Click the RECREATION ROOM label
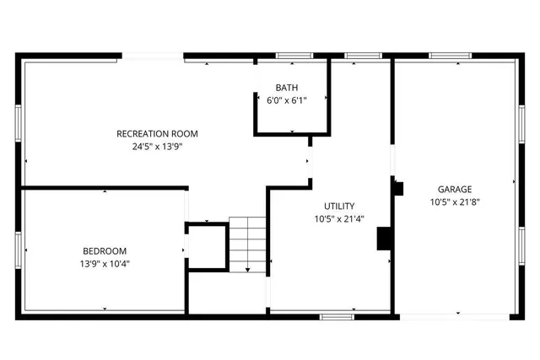158,133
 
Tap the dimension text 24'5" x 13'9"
158,146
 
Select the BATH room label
287,88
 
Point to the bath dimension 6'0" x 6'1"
287,100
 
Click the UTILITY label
339,206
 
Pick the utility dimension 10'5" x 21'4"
339,218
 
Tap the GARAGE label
455,189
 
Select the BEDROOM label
105,250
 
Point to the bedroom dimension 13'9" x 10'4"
105,263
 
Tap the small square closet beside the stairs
207,245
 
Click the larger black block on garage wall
385,239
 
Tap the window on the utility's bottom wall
336,317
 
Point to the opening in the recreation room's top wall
153,56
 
